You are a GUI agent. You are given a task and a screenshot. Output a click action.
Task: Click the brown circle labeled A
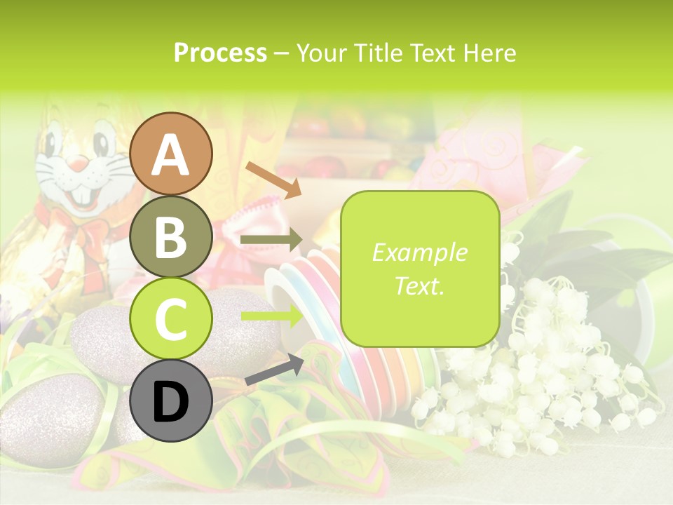(171, 154)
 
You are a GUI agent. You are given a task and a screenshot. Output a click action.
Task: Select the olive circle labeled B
(171, 237)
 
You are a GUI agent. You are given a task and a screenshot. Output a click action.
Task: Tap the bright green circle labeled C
(171, 319)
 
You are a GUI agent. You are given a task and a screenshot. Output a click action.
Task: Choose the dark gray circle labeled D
(171, 401)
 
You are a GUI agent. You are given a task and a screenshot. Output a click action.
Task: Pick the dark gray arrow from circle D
(274, 370)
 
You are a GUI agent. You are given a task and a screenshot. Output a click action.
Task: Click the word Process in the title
(220, 53)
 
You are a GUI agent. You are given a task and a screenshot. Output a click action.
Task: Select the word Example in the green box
(419, 252)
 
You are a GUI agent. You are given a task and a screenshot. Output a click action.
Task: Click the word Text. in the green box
(419, 285)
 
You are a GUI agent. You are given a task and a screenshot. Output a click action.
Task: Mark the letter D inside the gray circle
(171, 403)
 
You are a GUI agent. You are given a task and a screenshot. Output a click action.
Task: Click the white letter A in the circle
(171, 156)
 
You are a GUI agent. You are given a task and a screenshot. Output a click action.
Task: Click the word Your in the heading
(321, 53)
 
